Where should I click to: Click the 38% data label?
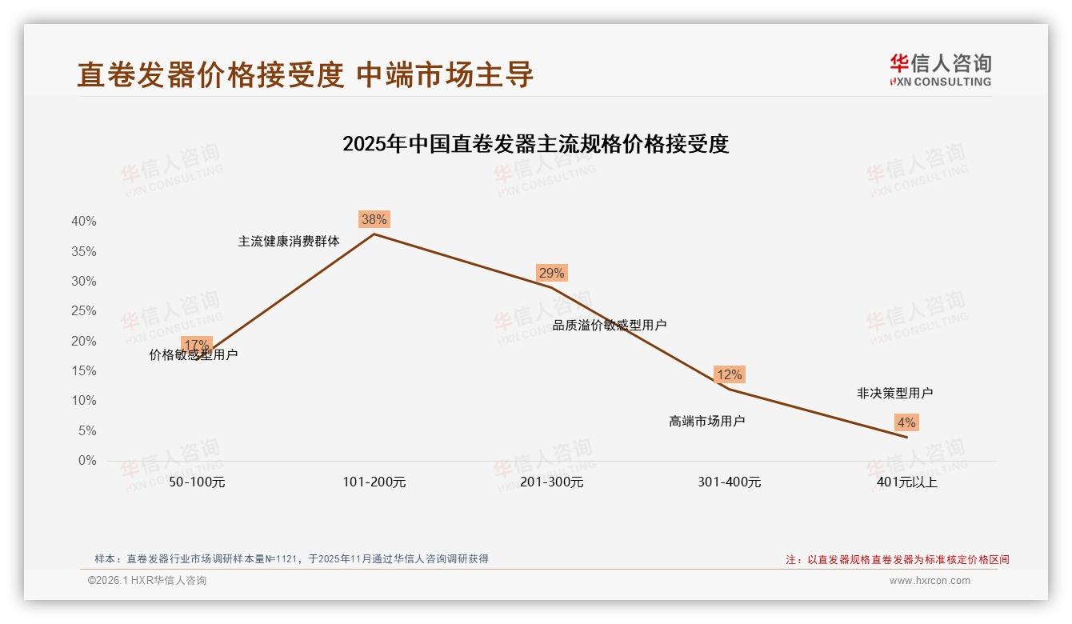click(x=374, y=219)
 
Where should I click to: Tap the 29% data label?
click(x=551, y=273)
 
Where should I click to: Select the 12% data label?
click(x=729, y=374)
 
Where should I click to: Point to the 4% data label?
click(x=906, y=422)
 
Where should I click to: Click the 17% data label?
click(x=197, y=345)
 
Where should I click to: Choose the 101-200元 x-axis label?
click(x=374, y=482)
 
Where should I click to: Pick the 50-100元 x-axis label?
click(x=197, y=482)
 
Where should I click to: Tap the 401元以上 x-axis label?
click(x=906, y=482)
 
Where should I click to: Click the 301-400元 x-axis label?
click(x=729, y=482)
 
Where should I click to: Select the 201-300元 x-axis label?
click(x=551, y=482)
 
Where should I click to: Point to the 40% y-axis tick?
click(x=83, y=221)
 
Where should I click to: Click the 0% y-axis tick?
click(x=86, y=461)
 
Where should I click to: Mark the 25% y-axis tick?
click(x=83, y=310)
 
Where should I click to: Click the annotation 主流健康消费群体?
click(x=289, y=241)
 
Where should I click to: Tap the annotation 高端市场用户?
click(x=706, y=421)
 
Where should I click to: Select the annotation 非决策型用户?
click(x=894, y=393)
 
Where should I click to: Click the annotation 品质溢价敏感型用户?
click(x=610, y=325)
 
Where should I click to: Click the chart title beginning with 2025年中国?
click(x=535, y=144)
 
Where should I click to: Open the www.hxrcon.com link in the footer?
click(x=930, y=581)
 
